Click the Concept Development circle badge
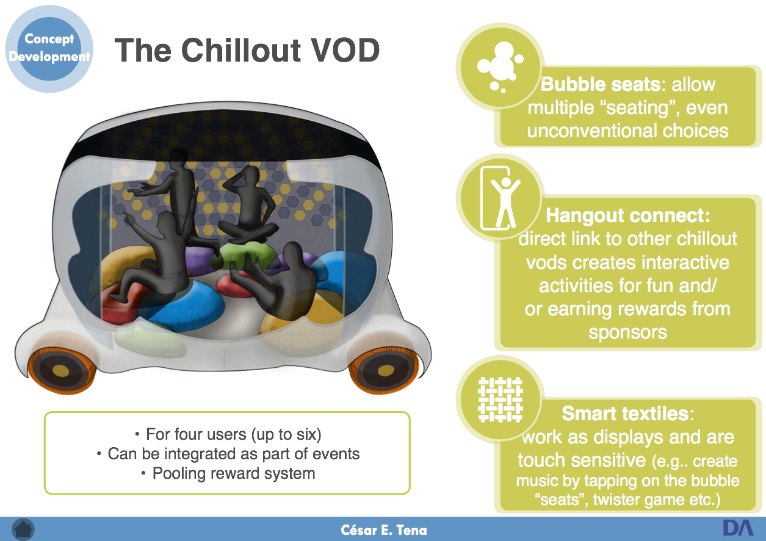click(x=49, y=49)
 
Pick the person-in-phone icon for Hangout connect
click(x=500, y=198)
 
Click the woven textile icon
click(x=500, y=399)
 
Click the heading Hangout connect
click(x=628, y=216)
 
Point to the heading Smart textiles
click(x=628, y=414)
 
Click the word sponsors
click(x=628, y=332)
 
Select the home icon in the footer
click(x=23, y=529)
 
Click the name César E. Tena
click(x=384, y=530)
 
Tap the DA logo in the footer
click(x=739, y=528)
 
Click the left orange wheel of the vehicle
click(x=61, y=370)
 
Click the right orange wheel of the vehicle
click(x=385, y=370)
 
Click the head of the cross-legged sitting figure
click(x=251, y=174)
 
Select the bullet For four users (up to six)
click(x=228, y=434)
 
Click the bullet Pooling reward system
click(x=228, y=474)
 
